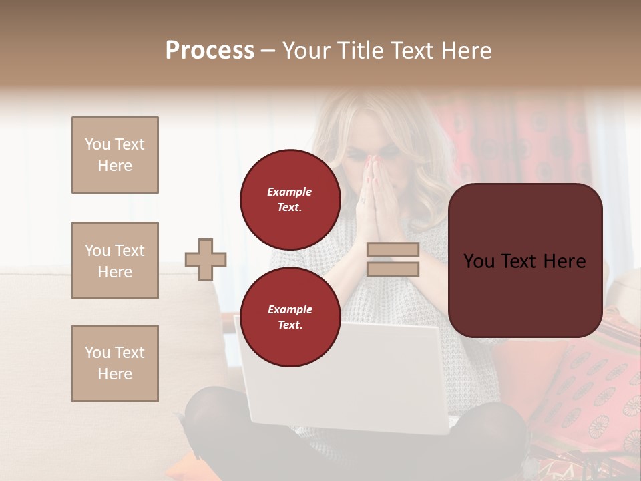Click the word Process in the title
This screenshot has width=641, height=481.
210,51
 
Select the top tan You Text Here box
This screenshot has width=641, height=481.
115,155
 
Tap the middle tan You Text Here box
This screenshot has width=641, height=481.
115,261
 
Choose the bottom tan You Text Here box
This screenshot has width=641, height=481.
115,363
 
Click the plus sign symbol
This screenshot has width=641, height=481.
206,259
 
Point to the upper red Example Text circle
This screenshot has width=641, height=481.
290,199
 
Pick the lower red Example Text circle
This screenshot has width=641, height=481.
290,317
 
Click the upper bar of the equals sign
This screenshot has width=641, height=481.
393,250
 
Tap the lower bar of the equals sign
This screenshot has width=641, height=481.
393,269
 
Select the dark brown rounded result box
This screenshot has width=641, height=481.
525,261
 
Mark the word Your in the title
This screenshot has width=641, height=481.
307,51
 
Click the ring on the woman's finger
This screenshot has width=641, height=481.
364,200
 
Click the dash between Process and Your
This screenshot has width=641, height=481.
268,51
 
